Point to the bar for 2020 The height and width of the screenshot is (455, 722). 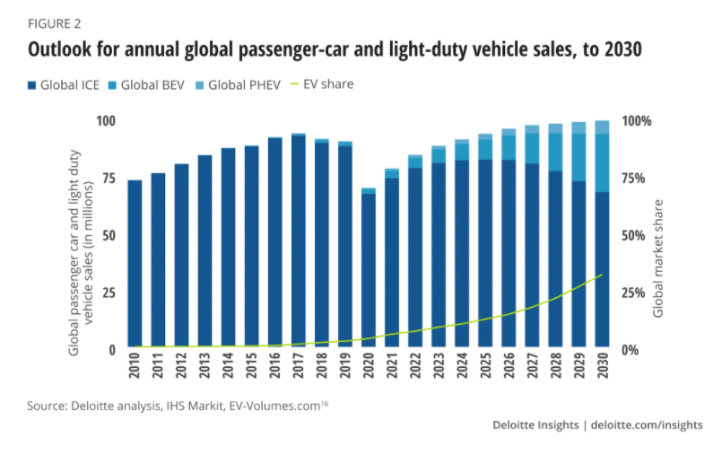point(369,269)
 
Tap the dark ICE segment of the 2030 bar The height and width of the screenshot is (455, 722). point(603,269)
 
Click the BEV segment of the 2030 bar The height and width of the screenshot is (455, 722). point(603,162)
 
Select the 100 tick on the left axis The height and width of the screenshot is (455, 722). point(105,121)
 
